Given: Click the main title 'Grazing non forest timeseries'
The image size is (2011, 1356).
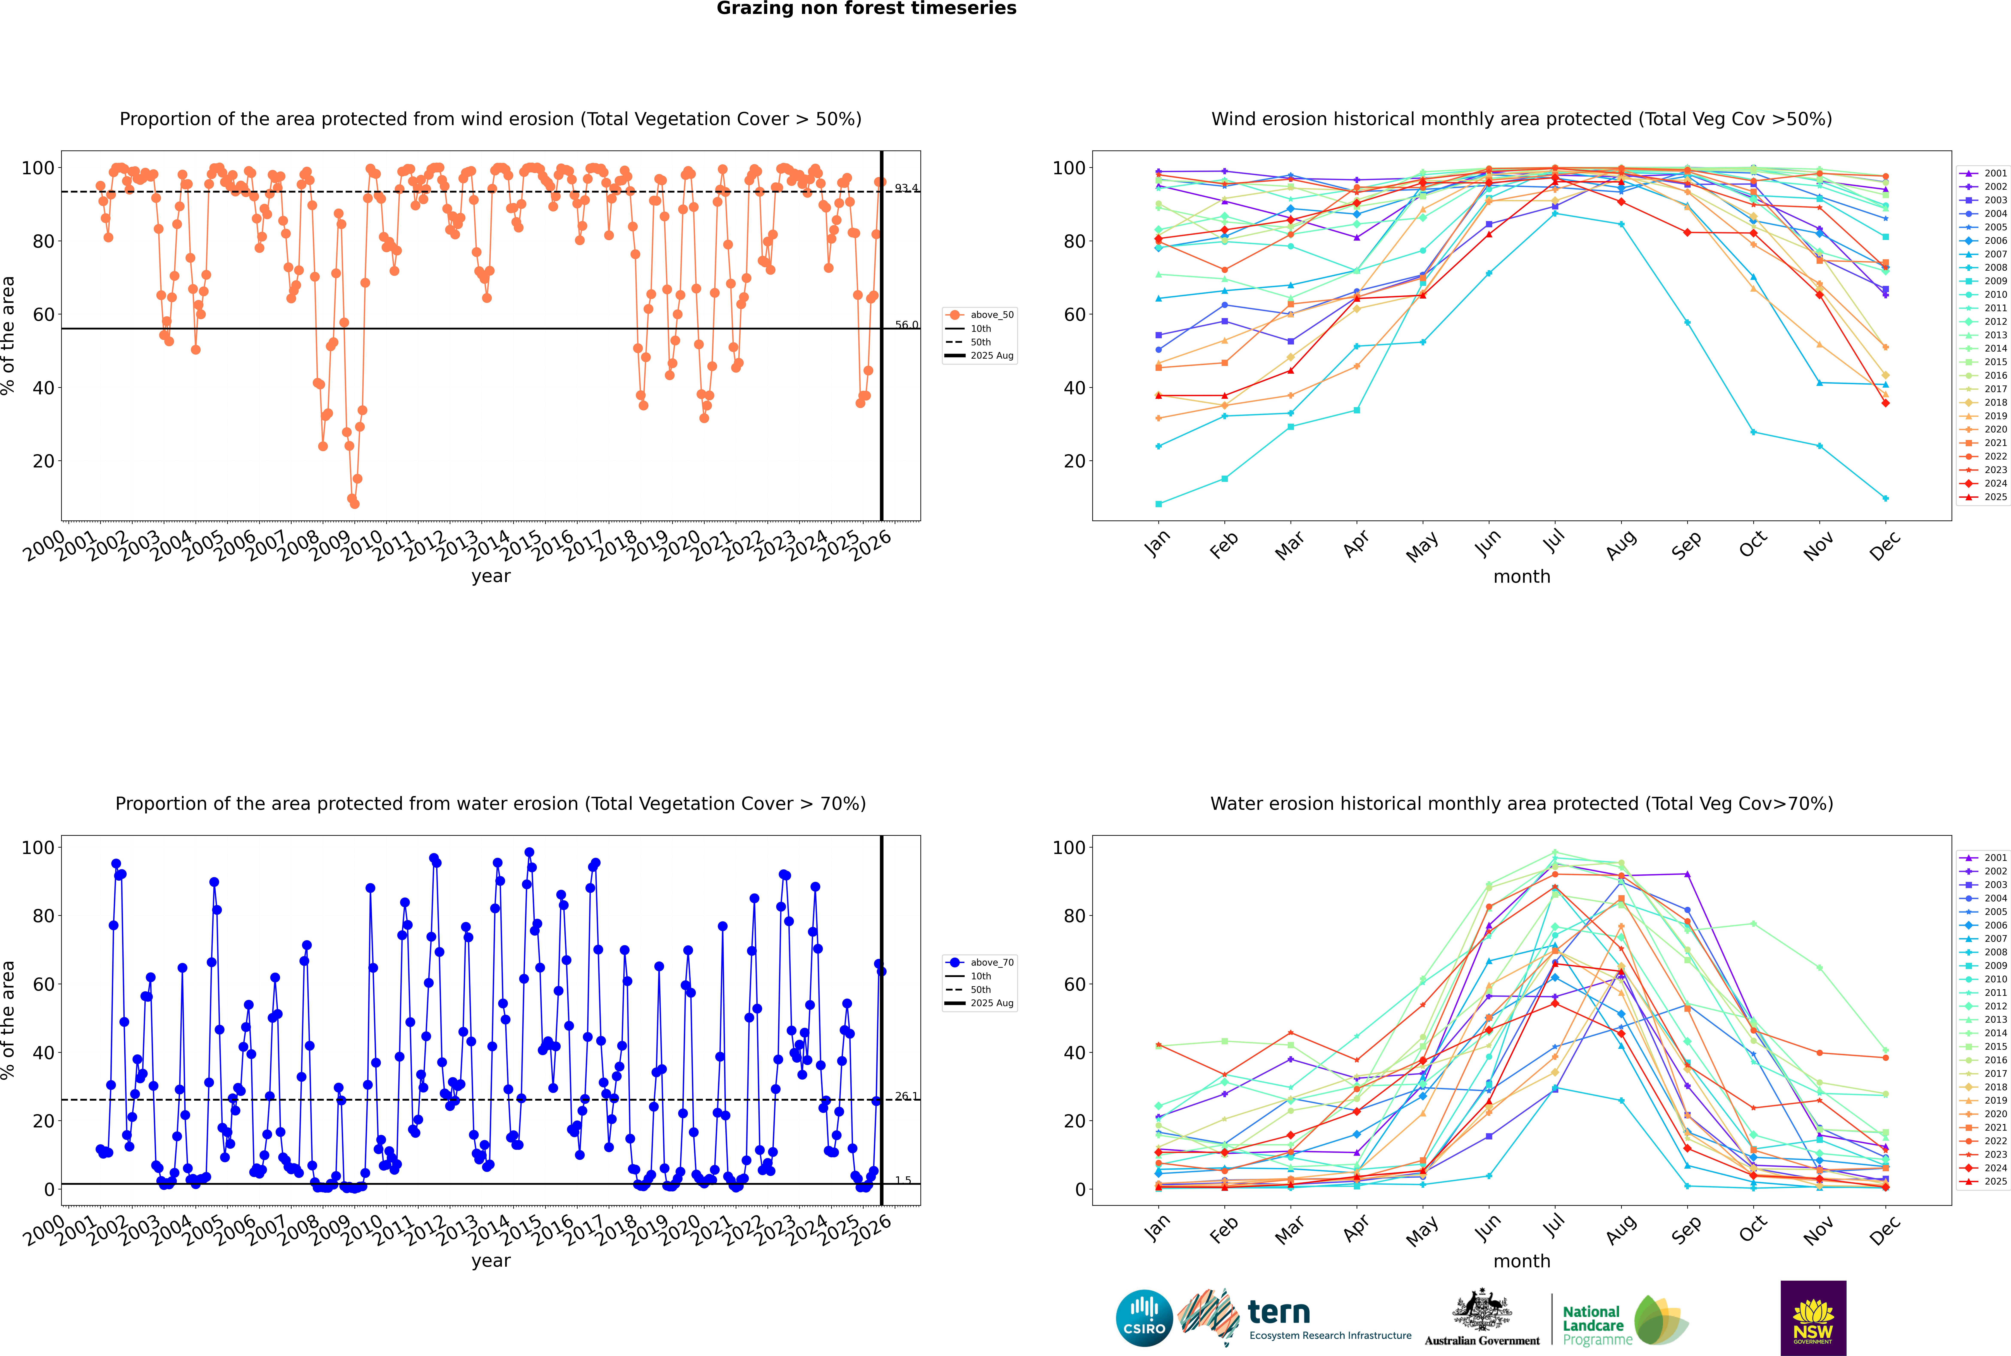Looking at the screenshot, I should tap(866, 9).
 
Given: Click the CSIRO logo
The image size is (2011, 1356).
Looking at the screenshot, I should tap(1144, 1318).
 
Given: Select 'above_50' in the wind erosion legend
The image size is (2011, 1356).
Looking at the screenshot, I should tap(991, 315).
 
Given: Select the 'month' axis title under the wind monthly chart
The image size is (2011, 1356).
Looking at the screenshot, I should tap(1522, 577).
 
